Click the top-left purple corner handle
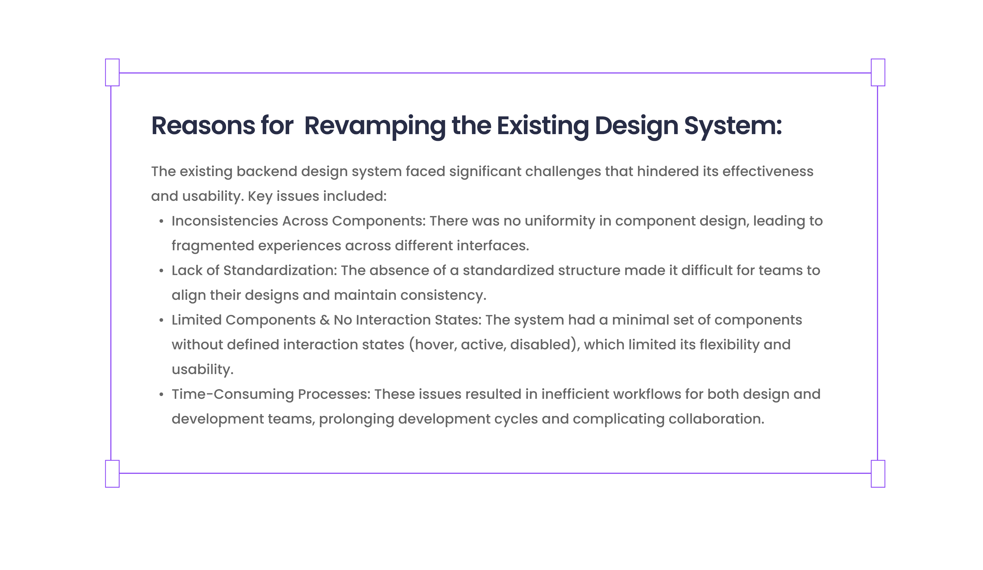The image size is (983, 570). (x=112, y=72)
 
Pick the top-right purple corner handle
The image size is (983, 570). (x=878, y=72)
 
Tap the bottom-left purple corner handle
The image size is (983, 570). (x=112, y=474)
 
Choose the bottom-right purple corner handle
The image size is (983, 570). (x=878, y=474)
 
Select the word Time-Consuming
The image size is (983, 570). (x=233, y=394)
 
